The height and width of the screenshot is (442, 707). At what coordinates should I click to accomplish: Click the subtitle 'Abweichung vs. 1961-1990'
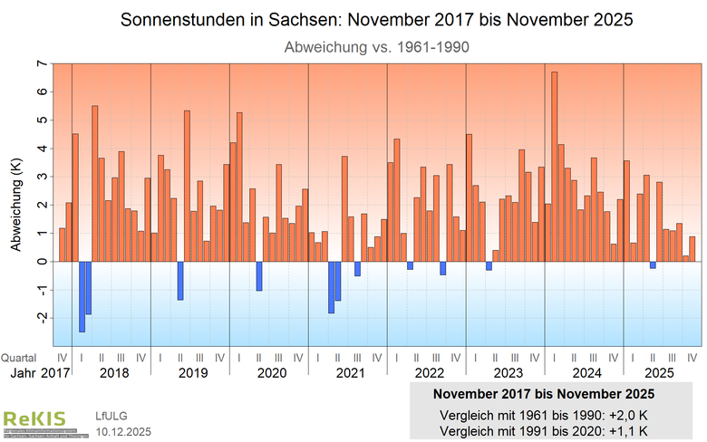click(x=376, y=45)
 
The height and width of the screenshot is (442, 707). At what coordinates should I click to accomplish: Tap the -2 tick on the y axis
click(x=40, y=318)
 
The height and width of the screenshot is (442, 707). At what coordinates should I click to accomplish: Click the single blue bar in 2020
click(x=259, y=276)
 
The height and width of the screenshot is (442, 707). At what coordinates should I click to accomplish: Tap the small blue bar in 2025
click(x=653, y=264)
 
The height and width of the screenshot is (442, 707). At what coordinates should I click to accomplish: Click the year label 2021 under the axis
click(x=350, y=372)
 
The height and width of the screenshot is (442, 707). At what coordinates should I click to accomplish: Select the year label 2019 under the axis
click(x=192, y=372)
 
